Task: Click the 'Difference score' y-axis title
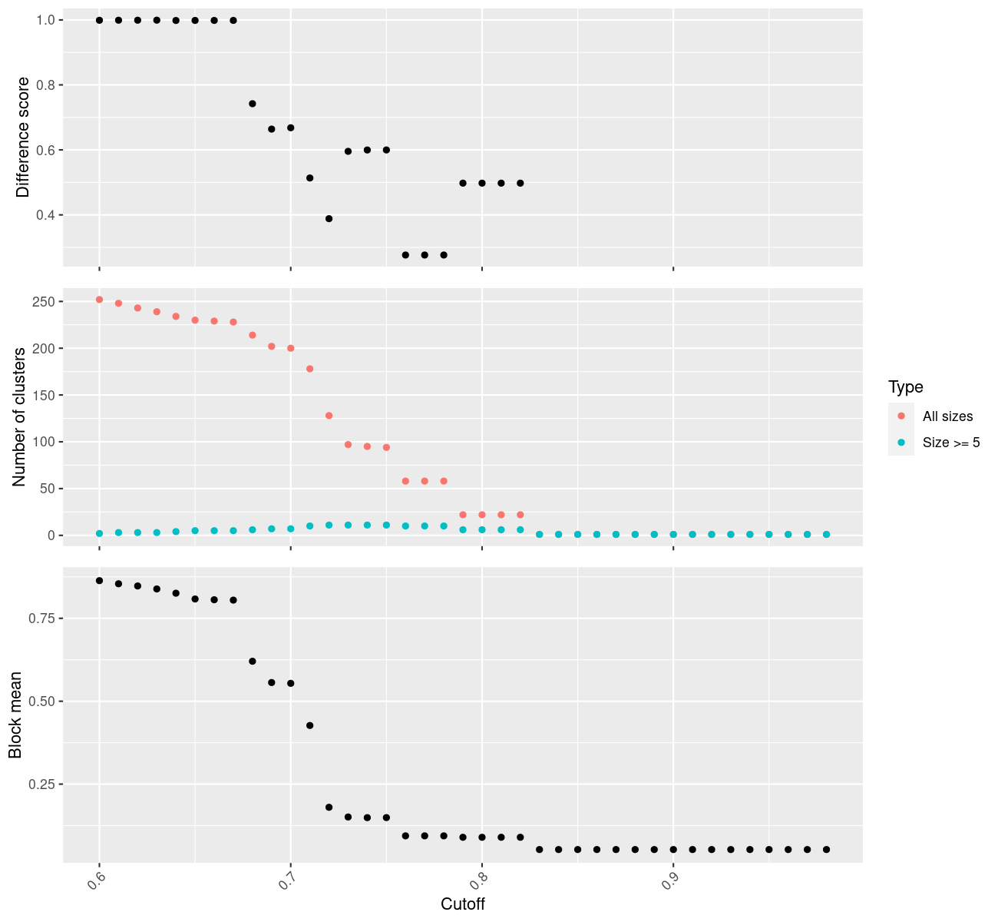pos(23,138)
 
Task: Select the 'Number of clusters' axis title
pos(20,416)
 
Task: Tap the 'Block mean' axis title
pos(15,715)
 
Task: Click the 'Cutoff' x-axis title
pos(463,904)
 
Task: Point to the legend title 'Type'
pos(905,386)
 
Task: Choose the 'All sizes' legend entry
pos(947,416)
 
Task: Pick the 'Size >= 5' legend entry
pos(951,443)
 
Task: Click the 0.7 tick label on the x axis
pos(283,883)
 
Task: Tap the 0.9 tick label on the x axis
pos(666,883)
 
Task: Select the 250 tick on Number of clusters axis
pos(43,302)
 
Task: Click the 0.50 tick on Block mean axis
pos(41,701)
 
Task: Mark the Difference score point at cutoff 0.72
pos(329,219)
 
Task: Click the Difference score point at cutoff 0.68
pos(253,104)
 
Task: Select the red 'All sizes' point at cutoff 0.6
pos(99,300)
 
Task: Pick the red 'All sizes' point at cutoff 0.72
pos(329,416)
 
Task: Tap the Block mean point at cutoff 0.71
pos(309,725)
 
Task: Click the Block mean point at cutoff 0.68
pos(253,662)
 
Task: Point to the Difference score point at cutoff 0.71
pos(309,178)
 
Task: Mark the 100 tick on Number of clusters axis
pos(43,442)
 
